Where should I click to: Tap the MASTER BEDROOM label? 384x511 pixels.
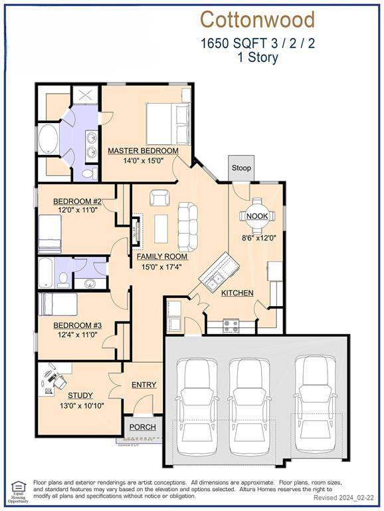144,150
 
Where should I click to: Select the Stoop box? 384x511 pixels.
241,168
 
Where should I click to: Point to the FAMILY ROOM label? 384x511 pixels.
162,256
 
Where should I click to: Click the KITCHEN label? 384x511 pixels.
237,293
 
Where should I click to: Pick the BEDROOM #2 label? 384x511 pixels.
77,202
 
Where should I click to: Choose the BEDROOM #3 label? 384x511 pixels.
77,325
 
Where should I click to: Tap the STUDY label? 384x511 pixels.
80,395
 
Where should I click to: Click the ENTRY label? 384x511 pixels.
144,385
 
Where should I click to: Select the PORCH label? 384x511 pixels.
142,427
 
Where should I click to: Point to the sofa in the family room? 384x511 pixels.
187,226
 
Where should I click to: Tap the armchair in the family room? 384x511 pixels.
159,198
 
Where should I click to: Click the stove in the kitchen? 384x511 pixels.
231,325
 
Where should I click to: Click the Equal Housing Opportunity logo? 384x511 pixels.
18,491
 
